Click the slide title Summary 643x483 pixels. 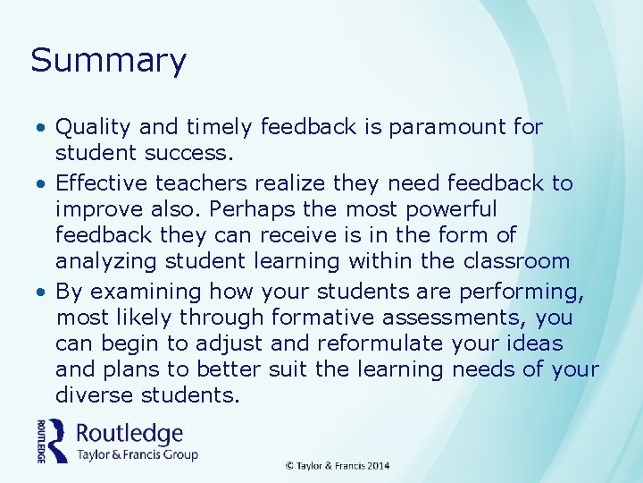(108, 61)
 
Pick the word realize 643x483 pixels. (289, 183)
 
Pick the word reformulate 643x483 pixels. (375, 343)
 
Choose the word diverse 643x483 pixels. (92, 395)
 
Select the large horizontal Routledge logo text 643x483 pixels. (129, 435)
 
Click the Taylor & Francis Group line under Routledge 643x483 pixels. (137, 454)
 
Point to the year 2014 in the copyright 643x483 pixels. (378, 466)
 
